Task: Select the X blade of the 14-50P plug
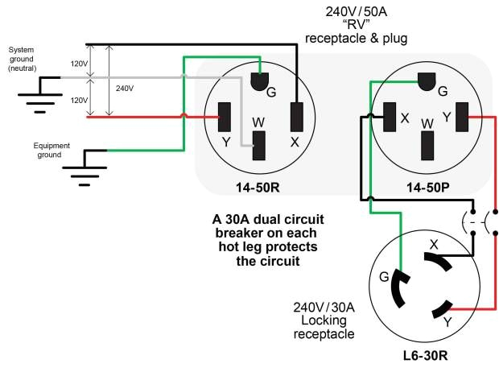tap(390, 117)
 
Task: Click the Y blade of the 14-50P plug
tap(462, 117)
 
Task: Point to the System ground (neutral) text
tap(22, 59)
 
